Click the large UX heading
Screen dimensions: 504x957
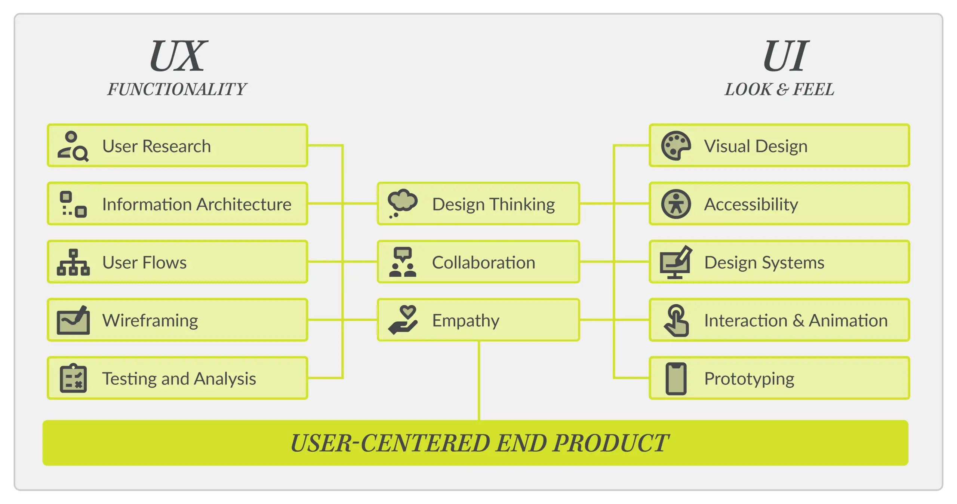(x=178, y=56)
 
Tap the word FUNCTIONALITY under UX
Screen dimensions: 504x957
(x=177, y=89)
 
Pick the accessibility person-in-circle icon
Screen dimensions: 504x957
(x=676, y=204)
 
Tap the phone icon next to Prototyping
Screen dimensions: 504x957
(x=676, y=378)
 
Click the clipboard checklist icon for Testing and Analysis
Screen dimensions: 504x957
(x=73, y=378)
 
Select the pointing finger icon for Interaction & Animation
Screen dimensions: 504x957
(x=676, y=320)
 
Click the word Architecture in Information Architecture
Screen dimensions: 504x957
(x=244, y=205)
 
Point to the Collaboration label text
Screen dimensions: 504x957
(x=483, y=262)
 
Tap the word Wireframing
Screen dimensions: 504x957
(x=150, y=321)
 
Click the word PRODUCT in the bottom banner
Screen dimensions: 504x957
(x=610, y=443)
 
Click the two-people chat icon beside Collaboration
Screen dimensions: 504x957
(x=403, y=262)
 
